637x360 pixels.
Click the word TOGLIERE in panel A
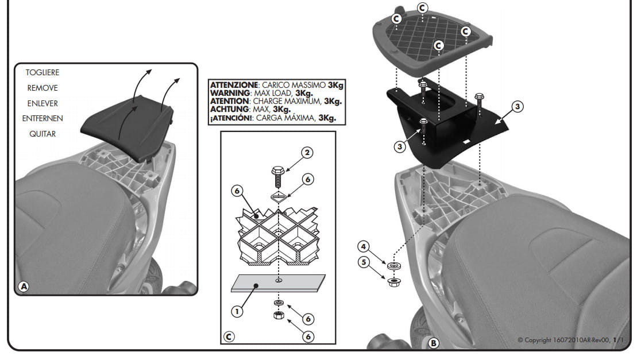click(x=43, y=72)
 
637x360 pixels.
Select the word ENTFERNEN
click(x=43, y=118)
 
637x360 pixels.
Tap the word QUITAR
click(x=43, y=134)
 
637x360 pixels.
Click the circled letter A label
click(x=24, y=287)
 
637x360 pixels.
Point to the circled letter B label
click(x=434, y=343)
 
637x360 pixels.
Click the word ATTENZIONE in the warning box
click(x=234, y=85)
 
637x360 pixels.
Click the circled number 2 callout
click(x=307, y=153)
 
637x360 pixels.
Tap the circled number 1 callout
click(x=237, y=312)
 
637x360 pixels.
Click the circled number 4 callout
click(x=364, y=246)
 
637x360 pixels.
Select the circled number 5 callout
click(x=364, y=262)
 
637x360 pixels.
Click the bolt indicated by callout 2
click(x=278, y=176)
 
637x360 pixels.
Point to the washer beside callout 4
click(x=393, y=266)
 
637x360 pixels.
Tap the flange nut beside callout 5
click(x=393, y=282)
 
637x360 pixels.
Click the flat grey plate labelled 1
click(x=278, y=283)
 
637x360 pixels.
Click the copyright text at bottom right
click(x=571, y=340)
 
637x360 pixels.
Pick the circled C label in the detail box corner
click(x=229, y=337)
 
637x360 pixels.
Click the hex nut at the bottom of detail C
click(x=279, y=315)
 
